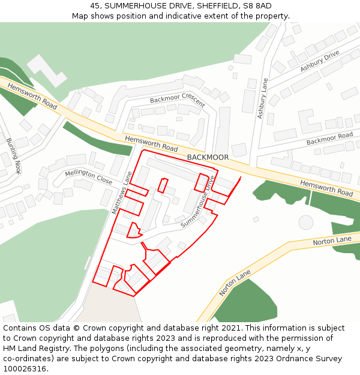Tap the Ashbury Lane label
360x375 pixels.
[x=262, y=98]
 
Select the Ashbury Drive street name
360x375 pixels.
[x=319, y=61]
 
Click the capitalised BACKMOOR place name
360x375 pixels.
[x=208, y=157]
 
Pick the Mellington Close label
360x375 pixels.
[x=89, y=176]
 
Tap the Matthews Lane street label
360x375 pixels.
[x=121, y=193]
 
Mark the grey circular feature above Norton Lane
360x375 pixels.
[x=306, y=222]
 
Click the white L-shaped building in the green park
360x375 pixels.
[x=46, y=71]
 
